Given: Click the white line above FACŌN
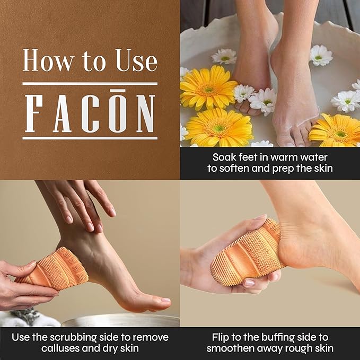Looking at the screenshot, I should (x=90, y=83).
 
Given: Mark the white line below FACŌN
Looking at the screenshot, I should (x=90, y=138).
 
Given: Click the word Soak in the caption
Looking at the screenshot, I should (x=224, y=157).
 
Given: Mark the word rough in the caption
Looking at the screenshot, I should (x=301, y=349).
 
